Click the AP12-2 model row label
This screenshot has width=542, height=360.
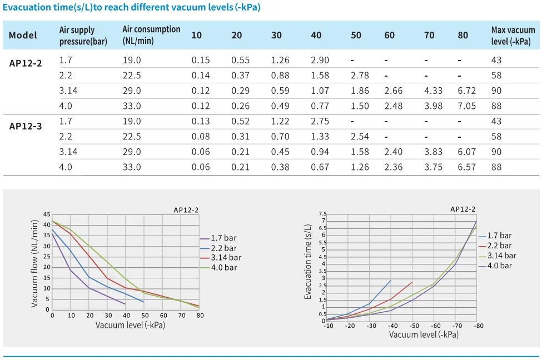tap(26, 63)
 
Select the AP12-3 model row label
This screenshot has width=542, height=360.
tap(26, 126)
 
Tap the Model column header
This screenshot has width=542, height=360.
tap(23, 36)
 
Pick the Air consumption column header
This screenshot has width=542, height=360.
tap(151, 35)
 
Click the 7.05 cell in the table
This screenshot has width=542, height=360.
tap(466, 106)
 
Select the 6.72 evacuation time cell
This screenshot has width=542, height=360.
tap(466, 91)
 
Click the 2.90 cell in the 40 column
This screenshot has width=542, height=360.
tap(320, 60)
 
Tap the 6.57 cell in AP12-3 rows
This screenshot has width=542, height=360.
tap(466, 167)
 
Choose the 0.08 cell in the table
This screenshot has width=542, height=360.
tap(201, 136)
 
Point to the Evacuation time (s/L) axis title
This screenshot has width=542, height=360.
tap(308, 262)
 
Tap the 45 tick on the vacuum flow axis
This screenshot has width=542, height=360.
tap(47, 214)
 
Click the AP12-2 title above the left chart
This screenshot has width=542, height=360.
tap(186, 209)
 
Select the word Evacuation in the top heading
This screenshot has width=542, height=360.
tap(26, 8)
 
